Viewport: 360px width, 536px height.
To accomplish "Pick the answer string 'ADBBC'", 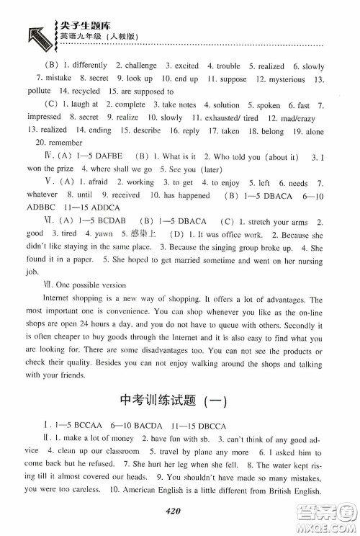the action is (x=41, y=207).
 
